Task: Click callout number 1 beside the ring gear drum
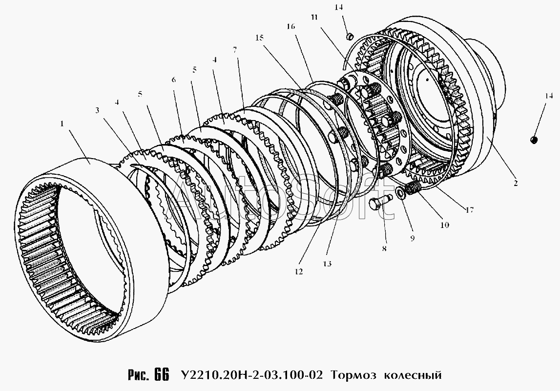click(62, 124)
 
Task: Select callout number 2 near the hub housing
click(515, 184)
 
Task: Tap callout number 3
click(98, 111)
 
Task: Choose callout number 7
click(235, 50)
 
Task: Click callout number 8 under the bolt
click(384, 248)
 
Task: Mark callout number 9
click(412, 238)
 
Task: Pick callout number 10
click(445, 226)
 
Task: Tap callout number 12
click(298, 271)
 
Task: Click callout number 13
click(327, 264)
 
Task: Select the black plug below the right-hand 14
click(534, 140)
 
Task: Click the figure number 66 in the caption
click(162, 375)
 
